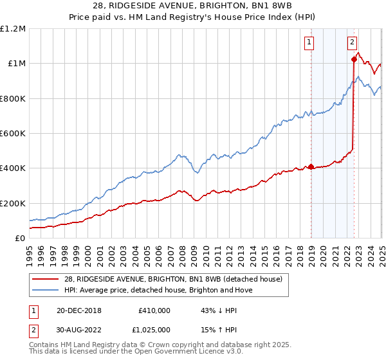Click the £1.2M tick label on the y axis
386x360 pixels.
coord(13,29)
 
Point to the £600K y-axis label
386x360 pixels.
coord(12,134)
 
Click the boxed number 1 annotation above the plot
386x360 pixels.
coord(309,43)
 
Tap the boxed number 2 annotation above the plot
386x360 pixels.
coord(353,43)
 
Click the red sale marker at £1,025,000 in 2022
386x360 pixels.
coord(354,59)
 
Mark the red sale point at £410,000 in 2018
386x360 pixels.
coord(311,166)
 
